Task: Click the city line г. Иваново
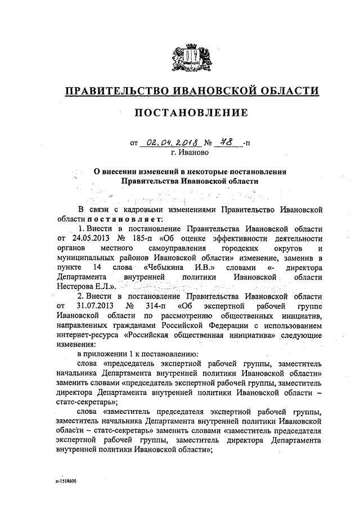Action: [190, 152]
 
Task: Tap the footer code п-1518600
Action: [65, 482]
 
